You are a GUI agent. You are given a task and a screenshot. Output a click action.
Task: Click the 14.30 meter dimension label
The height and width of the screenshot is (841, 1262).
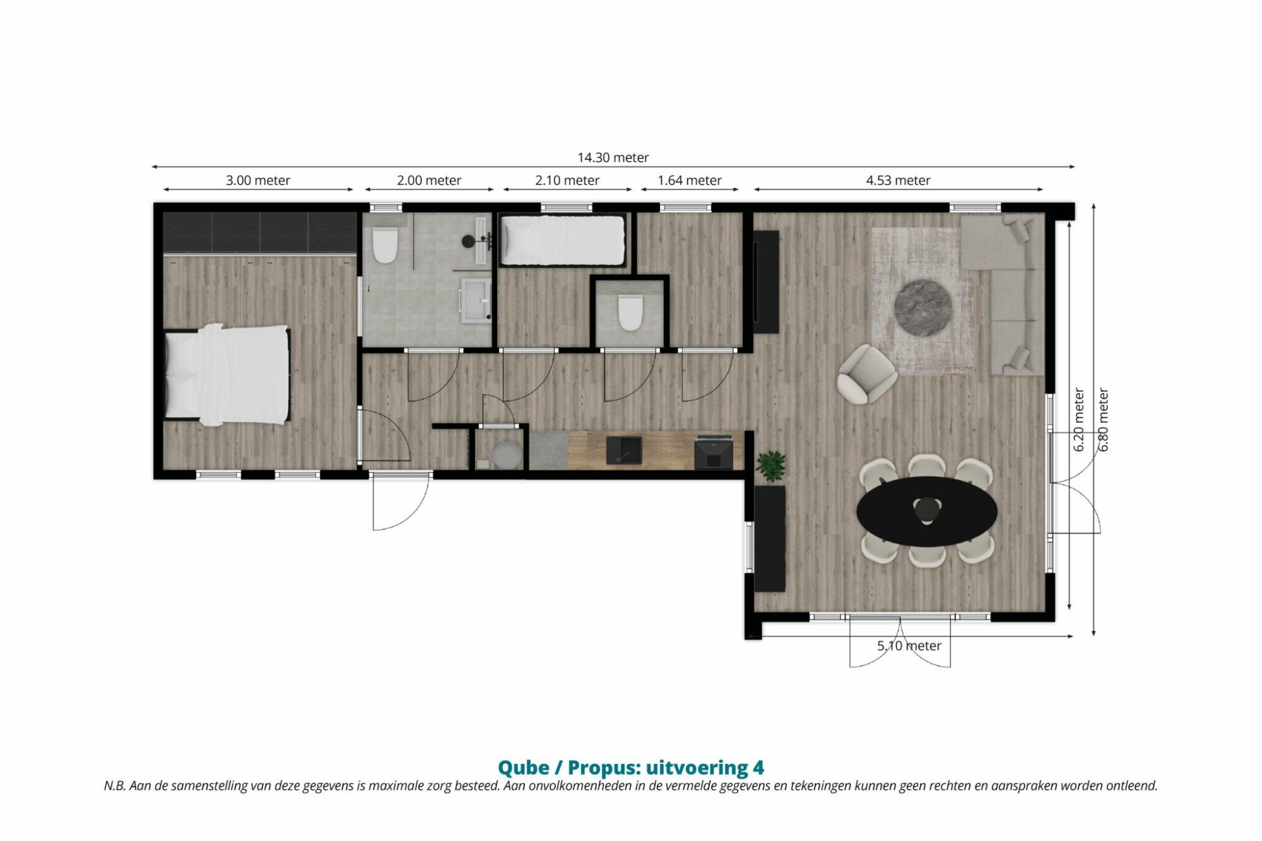tap(613, 158)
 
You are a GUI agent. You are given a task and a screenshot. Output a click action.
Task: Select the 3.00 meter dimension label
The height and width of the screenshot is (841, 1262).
tap(258, 180)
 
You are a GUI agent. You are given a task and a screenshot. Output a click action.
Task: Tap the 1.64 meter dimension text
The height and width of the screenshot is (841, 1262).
tap(689, 180)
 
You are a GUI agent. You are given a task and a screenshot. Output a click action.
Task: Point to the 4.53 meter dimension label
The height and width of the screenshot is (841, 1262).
tap(898, 180)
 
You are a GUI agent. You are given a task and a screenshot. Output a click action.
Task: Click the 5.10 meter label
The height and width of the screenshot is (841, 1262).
tap(909, 646)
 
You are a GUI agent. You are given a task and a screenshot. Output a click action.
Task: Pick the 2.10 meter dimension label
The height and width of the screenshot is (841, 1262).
tap(567, 180)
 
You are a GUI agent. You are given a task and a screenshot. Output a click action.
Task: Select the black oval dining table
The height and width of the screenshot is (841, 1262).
tap(927, 511)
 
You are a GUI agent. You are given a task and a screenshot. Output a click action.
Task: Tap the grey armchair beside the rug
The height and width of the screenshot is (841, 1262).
tap(867, 373)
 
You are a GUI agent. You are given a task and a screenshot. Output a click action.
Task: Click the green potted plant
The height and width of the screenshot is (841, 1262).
tap(771, 466)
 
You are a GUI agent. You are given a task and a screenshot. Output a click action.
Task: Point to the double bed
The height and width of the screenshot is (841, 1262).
tap(227, 373)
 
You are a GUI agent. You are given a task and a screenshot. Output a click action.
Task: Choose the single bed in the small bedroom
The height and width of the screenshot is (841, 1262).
tap(562, 240)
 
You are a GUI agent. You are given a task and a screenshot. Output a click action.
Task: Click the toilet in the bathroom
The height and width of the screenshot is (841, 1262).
tap(384, 245)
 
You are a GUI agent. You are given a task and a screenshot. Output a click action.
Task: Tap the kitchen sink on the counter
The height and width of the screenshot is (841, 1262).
tap(623, 450)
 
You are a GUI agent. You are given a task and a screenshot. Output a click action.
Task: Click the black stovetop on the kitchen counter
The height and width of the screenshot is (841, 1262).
tap(714, 452)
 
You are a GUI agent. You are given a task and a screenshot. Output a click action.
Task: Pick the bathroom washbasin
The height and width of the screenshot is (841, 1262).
tap(476, 300)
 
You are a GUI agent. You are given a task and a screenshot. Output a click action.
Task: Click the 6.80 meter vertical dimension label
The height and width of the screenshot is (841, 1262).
tap(1104, 420)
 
